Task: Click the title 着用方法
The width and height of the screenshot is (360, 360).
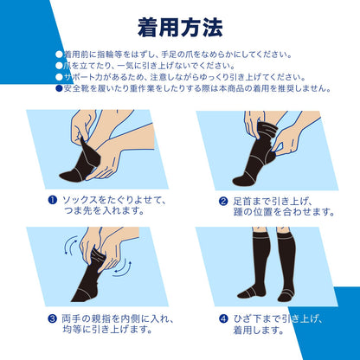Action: point(180,26)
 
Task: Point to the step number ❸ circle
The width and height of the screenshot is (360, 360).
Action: point(51,318)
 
